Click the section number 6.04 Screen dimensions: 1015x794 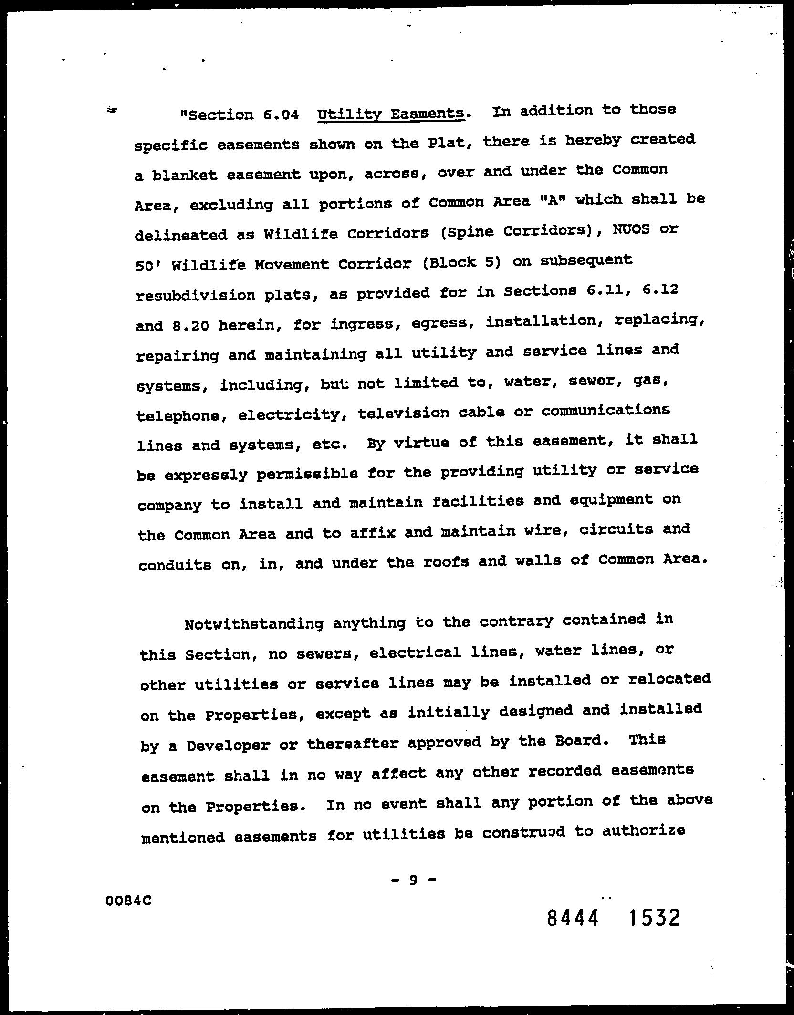click(x=281, y=114)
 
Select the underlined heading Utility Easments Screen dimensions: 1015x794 click(x=390, y=114)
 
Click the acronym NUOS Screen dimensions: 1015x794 click(x=631, y=229)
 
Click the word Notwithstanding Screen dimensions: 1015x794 click(x=254, y=624)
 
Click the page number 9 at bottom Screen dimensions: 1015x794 click(x=413, y=880)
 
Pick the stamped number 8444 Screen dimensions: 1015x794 click(x=573, y=918)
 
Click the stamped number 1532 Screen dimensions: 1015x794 click(x=654, y=918)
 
